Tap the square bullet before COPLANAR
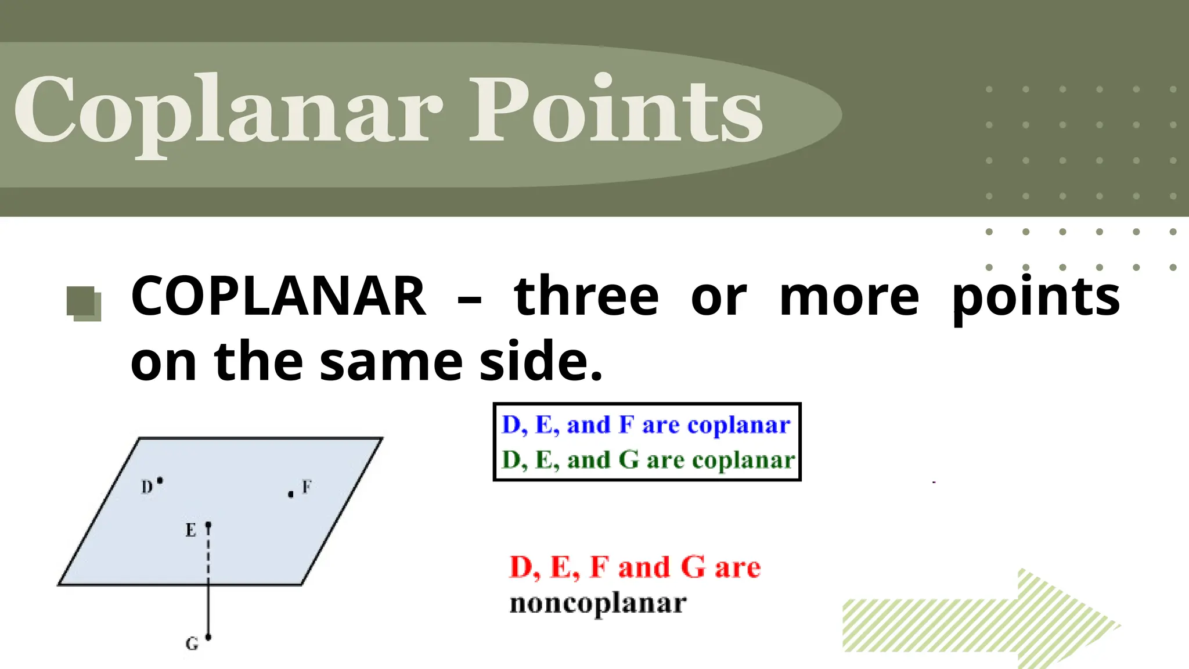[84, 303]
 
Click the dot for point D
[160, 480]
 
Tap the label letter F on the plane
[307, 487]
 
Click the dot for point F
[291, 495]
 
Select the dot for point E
[208, 525]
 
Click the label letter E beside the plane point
[190, 530]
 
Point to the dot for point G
[208, 637]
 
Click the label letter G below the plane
[192, 643]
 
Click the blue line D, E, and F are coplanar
[646, 425]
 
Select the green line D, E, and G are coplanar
[647, 460]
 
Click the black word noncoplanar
[598, 603]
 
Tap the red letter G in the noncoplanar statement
[692, 567]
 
